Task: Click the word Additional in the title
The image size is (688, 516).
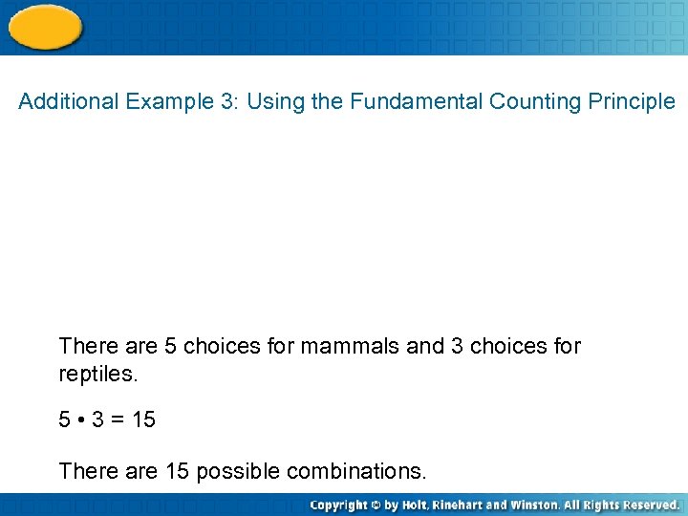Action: coord(68,101)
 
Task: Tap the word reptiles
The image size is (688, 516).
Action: coord(98,375)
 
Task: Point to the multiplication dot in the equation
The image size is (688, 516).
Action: coord(78,420)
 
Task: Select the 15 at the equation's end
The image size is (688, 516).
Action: coord(143,420)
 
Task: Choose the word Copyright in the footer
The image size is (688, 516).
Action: coord(340,505)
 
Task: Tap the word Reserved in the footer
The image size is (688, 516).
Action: coord(651,505)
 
